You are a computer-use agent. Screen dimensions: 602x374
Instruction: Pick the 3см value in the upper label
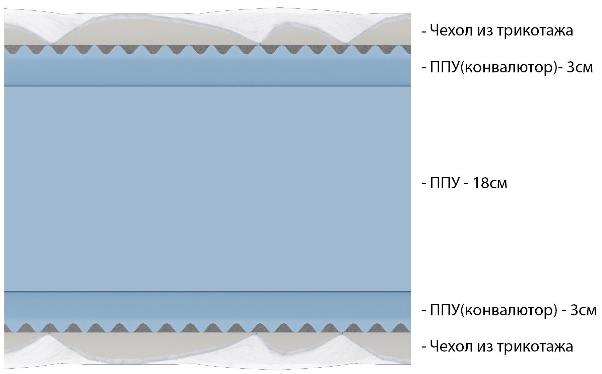[580, 67]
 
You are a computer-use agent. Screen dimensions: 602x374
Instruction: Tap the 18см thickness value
[490, 183]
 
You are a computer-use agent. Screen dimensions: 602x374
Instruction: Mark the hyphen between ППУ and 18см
[466, 184]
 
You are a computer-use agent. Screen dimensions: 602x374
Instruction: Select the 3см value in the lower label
[583, 310]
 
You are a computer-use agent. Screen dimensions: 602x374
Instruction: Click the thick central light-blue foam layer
[207, 188]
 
